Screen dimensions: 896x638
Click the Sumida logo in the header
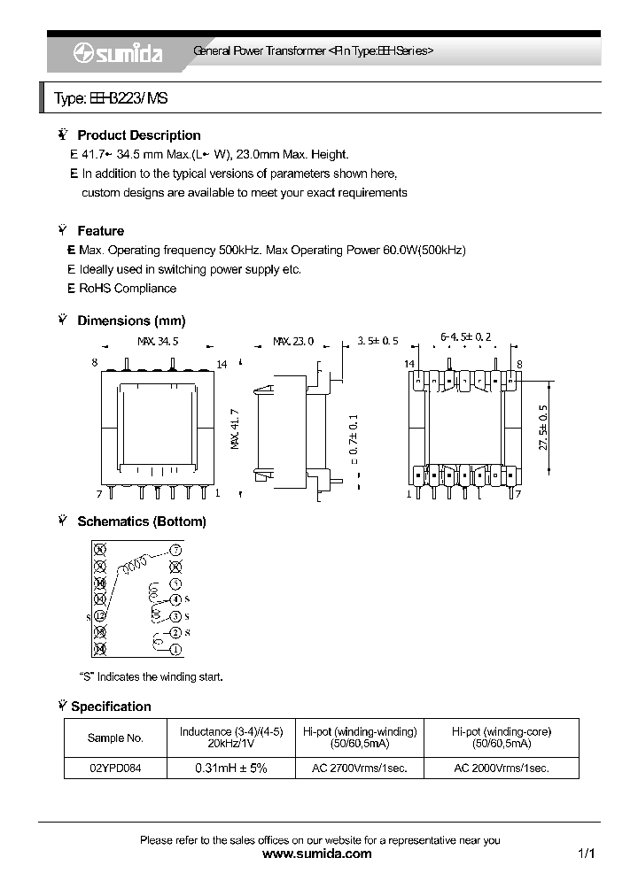pyautogui.click(x=117, y=53)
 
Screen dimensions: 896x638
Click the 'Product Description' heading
pyautogui.click(x=138, y=135)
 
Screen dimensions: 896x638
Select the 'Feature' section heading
pyautogui.click(x=100, y=231)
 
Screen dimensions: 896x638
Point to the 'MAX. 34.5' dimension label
pyautogui.click(x=158, y=341)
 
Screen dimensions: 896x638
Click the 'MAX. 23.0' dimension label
pyautogui.click(x=293, y=341)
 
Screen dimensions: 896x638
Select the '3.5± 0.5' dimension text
pyautogui.click(x=378, y=341)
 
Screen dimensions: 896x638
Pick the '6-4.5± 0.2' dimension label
pyautogui.click(x=465, y=337)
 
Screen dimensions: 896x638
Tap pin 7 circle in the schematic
pyautogui.click(x=175, y=550)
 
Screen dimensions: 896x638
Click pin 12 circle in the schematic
pyautogui.click(x=100, y=615)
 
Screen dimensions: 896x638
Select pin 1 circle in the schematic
pyautogui.click(x=175, y=650)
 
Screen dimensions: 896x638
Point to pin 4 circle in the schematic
pyautogui.click(x=175, y=600)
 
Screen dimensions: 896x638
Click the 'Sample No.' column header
pyautogui.click(x=115, y=738)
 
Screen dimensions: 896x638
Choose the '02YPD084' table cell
pyautogui.click(x=115, y=769)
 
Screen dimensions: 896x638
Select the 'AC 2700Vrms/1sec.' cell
pyautogui.click(x=359, y=769)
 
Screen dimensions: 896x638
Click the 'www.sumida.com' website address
pyautogui.click(x=318, y=854)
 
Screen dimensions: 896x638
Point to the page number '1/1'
pyautogui.click(x=585, y=854)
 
